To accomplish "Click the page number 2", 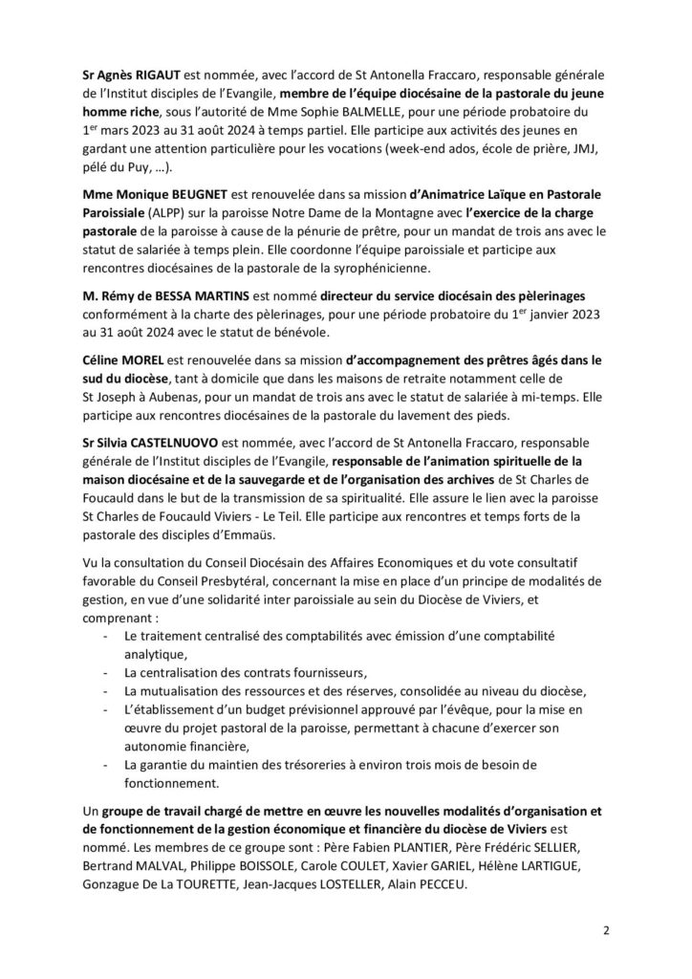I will (606, 930).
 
